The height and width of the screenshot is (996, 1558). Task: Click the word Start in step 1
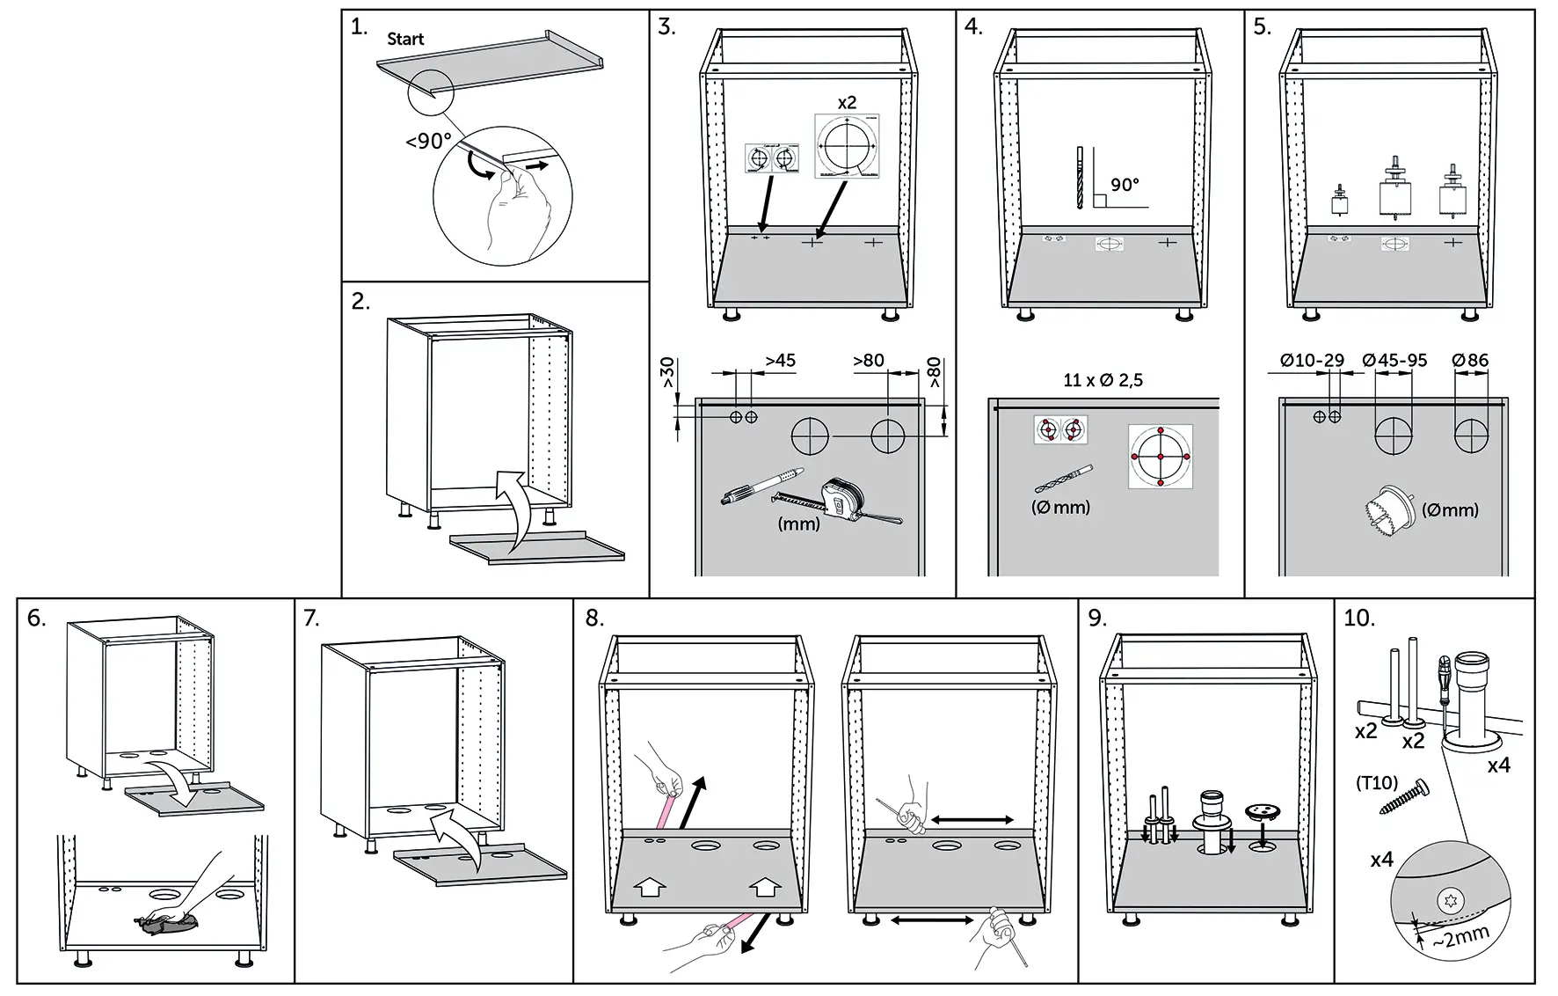click(x=405, y=39)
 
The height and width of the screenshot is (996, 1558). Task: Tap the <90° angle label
click(x=428, y=142)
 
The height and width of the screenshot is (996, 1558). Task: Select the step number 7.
click(x=311, y=618)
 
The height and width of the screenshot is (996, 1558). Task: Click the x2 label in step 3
click(x=847, y=103)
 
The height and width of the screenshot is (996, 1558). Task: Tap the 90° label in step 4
click(x=1125, y=185)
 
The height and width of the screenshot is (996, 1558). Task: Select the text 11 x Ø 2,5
click(x=1103, y=380)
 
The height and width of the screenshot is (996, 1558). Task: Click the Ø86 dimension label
click(x=1470, y=360)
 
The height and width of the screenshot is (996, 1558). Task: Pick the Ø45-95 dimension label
click(x=1394, y=360)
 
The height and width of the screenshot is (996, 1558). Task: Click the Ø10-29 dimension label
click(x=1312, y=360)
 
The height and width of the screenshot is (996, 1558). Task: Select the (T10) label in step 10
click(x=1376, y=782)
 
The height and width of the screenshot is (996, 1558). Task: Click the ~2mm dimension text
click(x=1460, y=938)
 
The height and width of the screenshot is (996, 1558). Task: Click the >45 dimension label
click(x=780, y=361)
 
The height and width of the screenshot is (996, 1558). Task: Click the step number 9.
click(x=1096, y=618)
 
